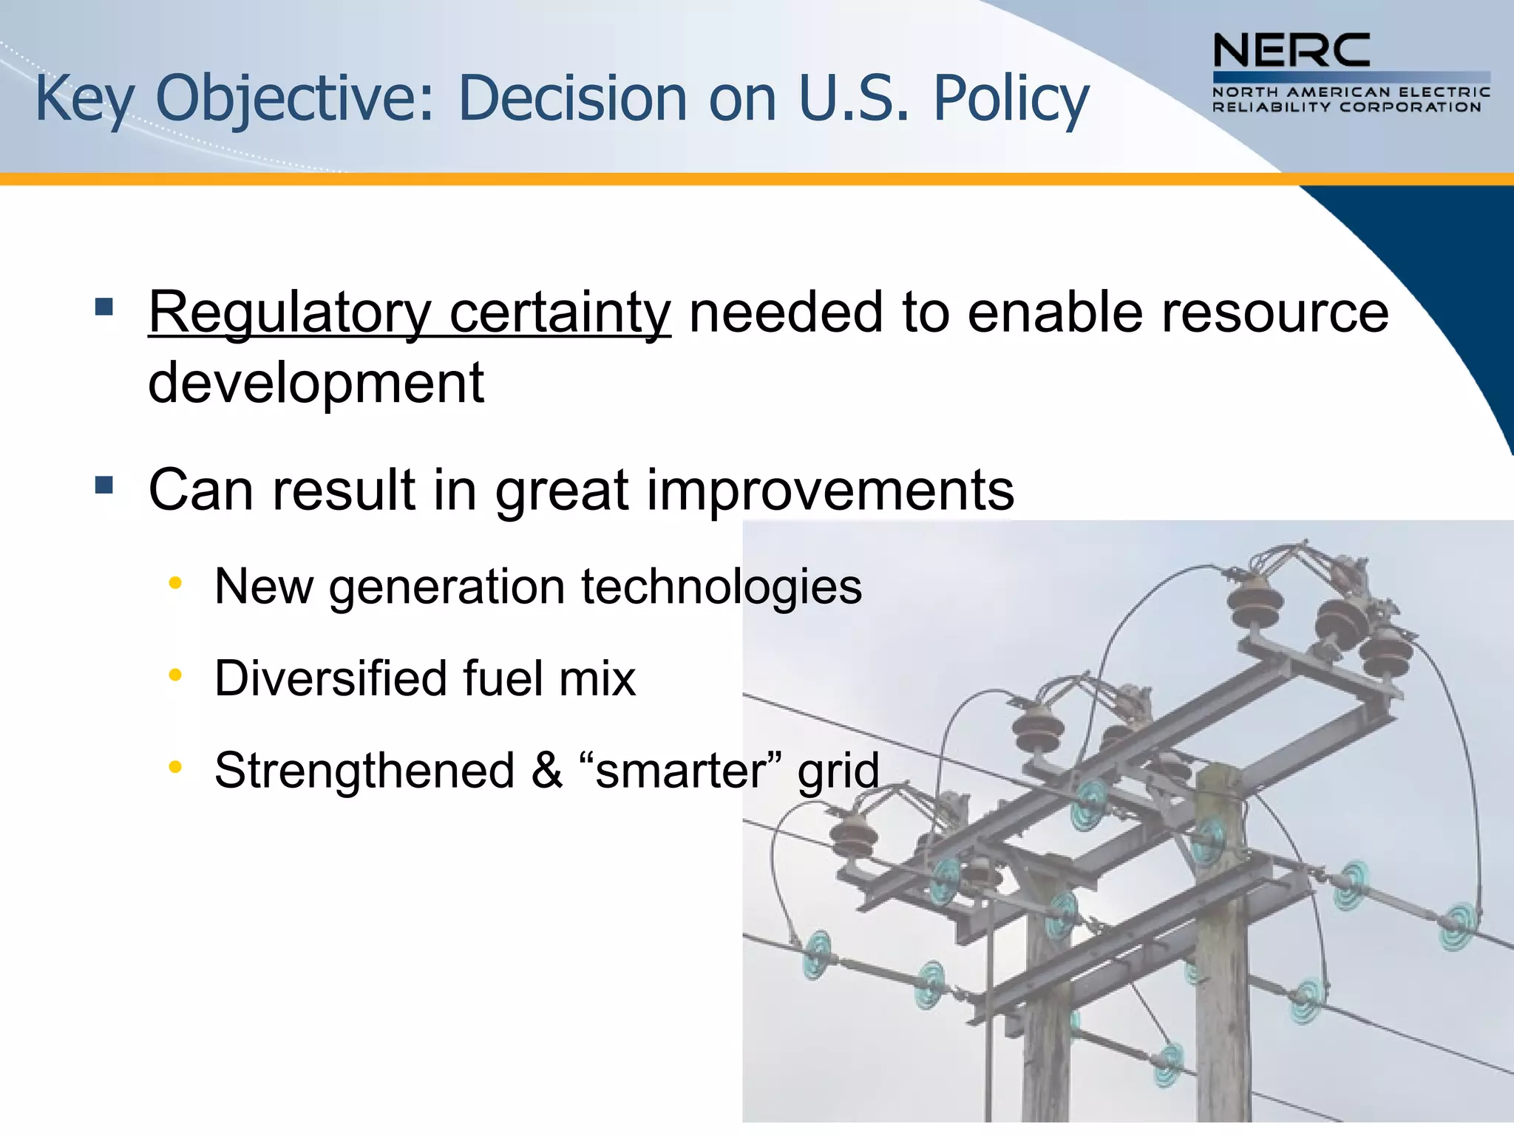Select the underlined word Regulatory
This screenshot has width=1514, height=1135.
[289, 313]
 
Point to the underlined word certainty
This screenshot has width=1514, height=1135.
[560, 313]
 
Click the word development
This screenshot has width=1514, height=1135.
[316, 383]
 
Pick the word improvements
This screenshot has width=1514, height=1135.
[830, 490]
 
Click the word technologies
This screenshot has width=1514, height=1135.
[722, 587]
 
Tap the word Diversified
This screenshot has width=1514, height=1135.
[330, 678]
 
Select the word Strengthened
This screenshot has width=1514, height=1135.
[364, 770]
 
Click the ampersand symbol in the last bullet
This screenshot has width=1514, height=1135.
[547, 770]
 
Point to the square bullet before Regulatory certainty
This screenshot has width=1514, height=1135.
[104, 306]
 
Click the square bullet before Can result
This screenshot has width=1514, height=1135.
[104, 485]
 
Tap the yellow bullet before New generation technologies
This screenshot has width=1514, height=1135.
[175, 584]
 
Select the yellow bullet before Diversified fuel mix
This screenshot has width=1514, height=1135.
[175, 675]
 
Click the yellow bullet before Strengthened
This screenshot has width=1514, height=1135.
[175, 767]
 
